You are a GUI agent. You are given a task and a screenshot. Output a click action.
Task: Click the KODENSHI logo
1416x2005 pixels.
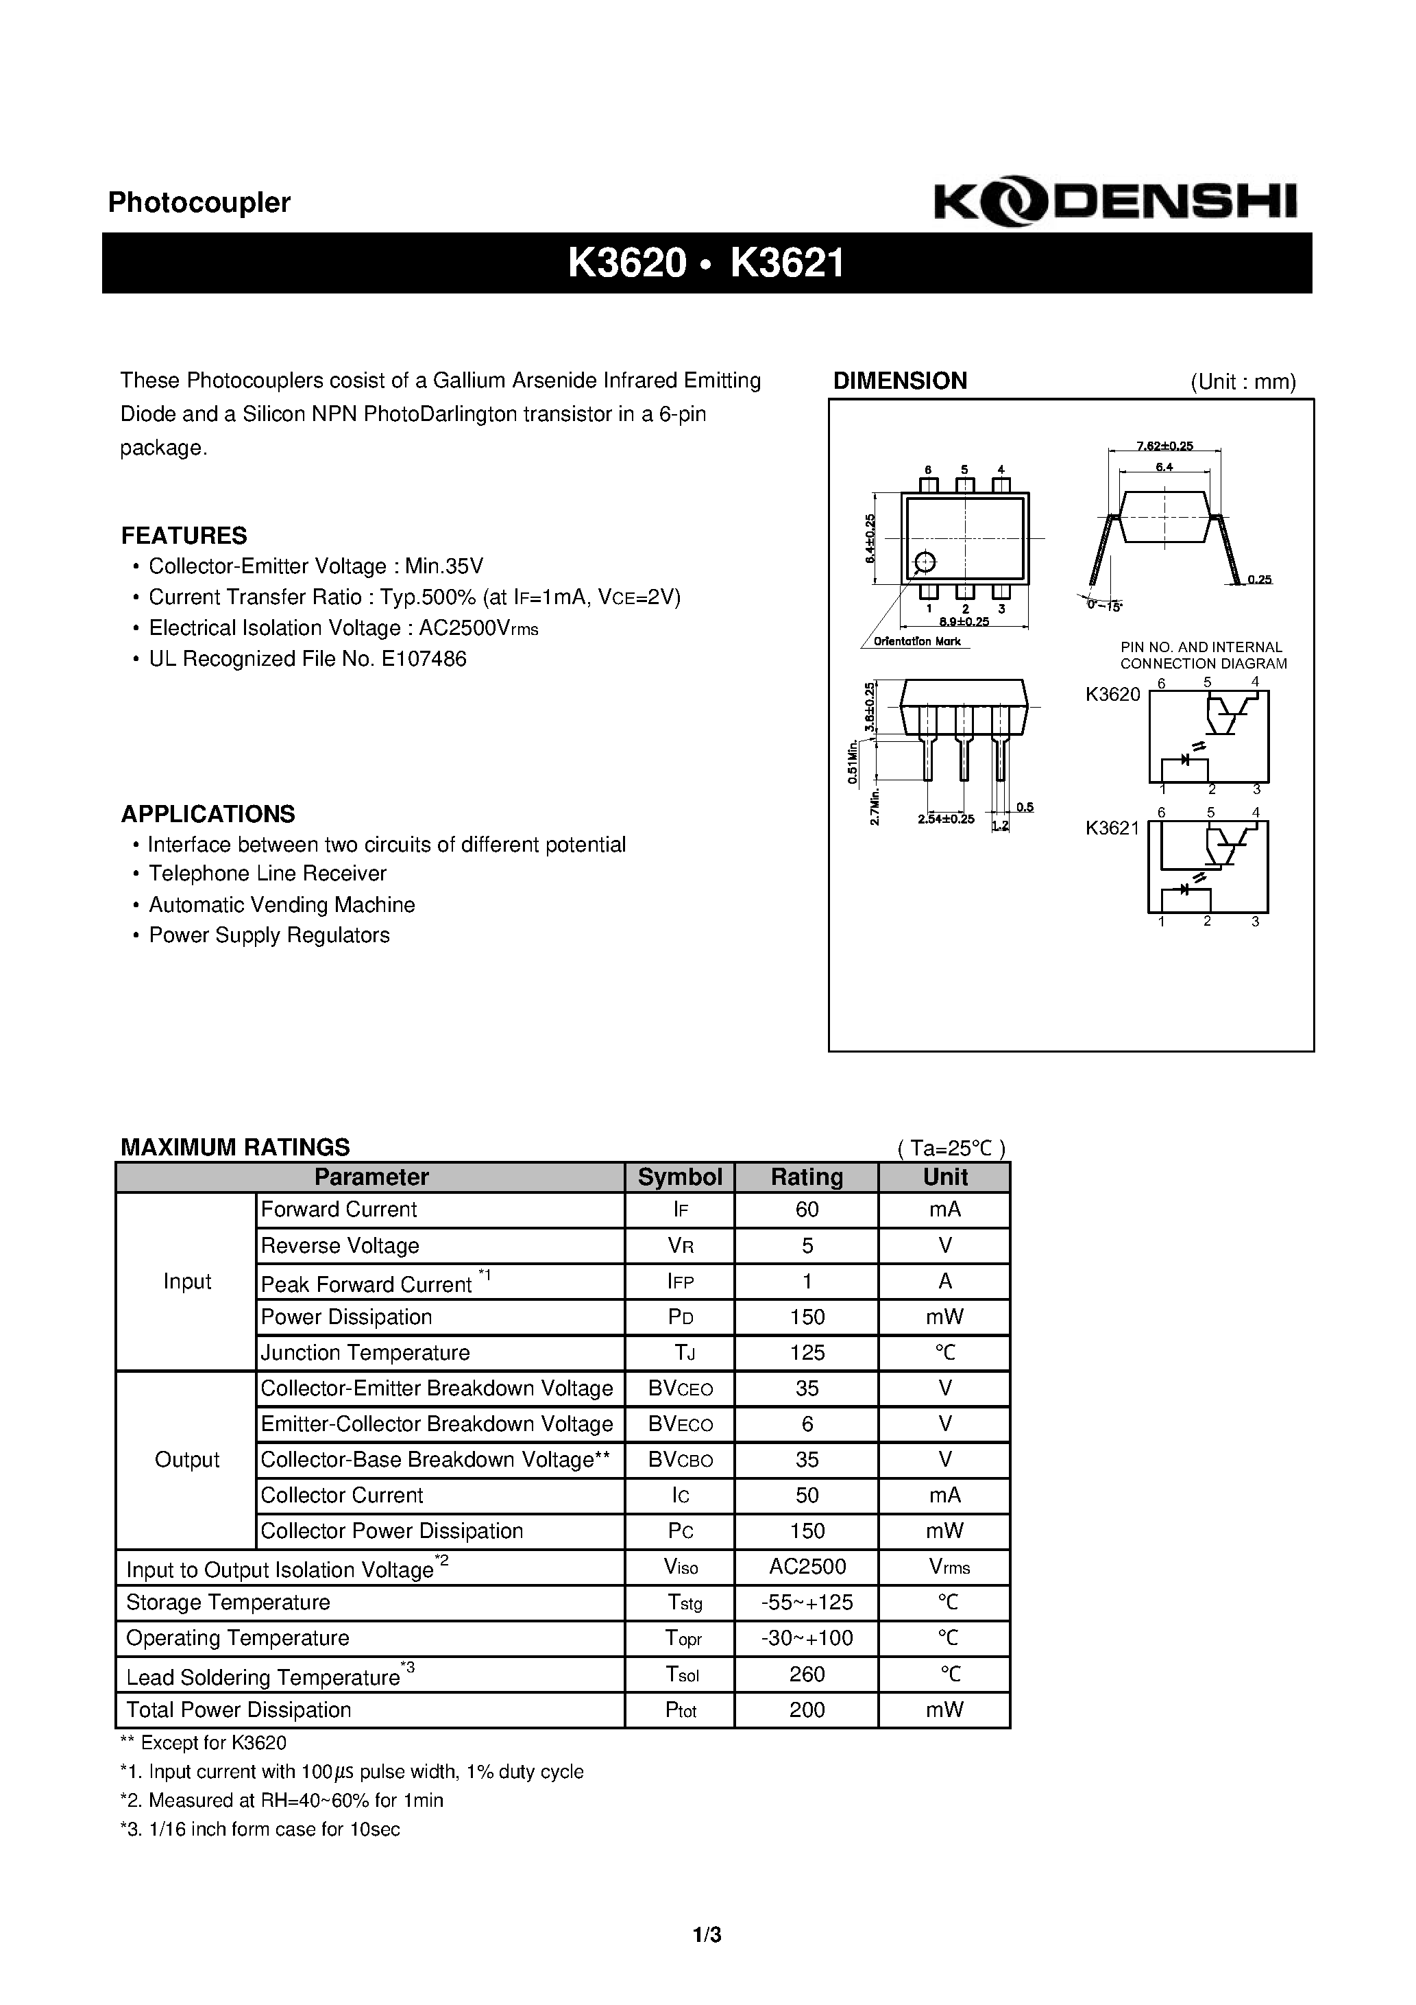1115,201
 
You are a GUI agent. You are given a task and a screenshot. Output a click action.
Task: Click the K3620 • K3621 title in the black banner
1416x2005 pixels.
705,262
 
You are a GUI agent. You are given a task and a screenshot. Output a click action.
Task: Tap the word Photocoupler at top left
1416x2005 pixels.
199,202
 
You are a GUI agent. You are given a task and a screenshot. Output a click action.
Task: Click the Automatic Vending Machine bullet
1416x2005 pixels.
281,904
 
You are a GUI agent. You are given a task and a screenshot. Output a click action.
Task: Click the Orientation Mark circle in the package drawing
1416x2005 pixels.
925,562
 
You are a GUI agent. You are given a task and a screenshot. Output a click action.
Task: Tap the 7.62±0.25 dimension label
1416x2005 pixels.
1164,446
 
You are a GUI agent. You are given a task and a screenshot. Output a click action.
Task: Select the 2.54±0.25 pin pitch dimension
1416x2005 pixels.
945,819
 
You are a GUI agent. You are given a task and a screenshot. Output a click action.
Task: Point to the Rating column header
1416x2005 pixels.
806,1177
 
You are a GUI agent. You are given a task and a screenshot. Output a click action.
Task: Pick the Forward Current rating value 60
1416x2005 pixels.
807,1210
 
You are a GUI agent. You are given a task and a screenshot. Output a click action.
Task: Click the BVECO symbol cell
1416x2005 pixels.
680,1424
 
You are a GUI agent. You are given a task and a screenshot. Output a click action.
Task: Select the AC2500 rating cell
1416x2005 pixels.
807,1567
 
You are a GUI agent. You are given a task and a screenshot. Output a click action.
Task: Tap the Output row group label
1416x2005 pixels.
187,1460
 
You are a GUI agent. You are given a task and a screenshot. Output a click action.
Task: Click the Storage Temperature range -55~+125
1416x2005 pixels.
807,1602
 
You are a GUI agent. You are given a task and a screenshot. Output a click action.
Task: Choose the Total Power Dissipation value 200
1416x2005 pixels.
807,1710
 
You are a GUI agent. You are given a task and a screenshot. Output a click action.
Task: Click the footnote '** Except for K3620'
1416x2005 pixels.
204,1743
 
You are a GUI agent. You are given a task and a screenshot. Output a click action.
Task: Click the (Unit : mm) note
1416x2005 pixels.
1243,382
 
